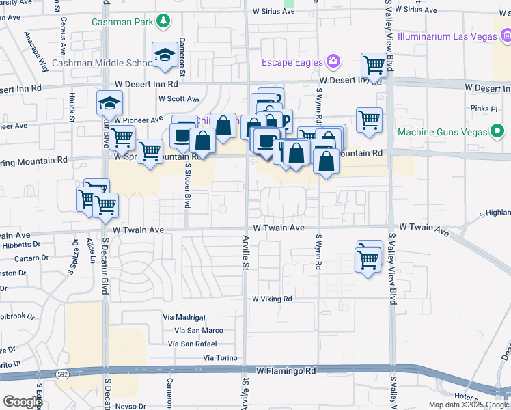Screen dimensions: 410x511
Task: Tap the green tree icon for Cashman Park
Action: (x=163, y=20)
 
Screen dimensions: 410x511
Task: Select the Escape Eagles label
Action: (x=292, y=63)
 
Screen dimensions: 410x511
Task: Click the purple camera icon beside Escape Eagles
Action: (x=333, y=62)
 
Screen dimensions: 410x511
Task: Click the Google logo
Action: (x=23, y=402)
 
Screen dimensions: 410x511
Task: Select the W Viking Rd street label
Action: (x=272, y=299)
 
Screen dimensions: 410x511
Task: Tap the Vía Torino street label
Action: (x=220, y=358)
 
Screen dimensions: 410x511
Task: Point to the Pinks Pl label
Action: (x=484, y=109)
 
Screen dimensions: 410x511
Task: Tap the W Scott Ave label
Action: (x=178, y=98)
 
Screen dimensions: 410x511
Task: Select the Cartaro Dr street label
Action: (x=29, y=259)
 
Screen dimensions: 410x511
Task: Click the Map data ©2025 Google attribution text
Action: (x=468, y=405)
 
